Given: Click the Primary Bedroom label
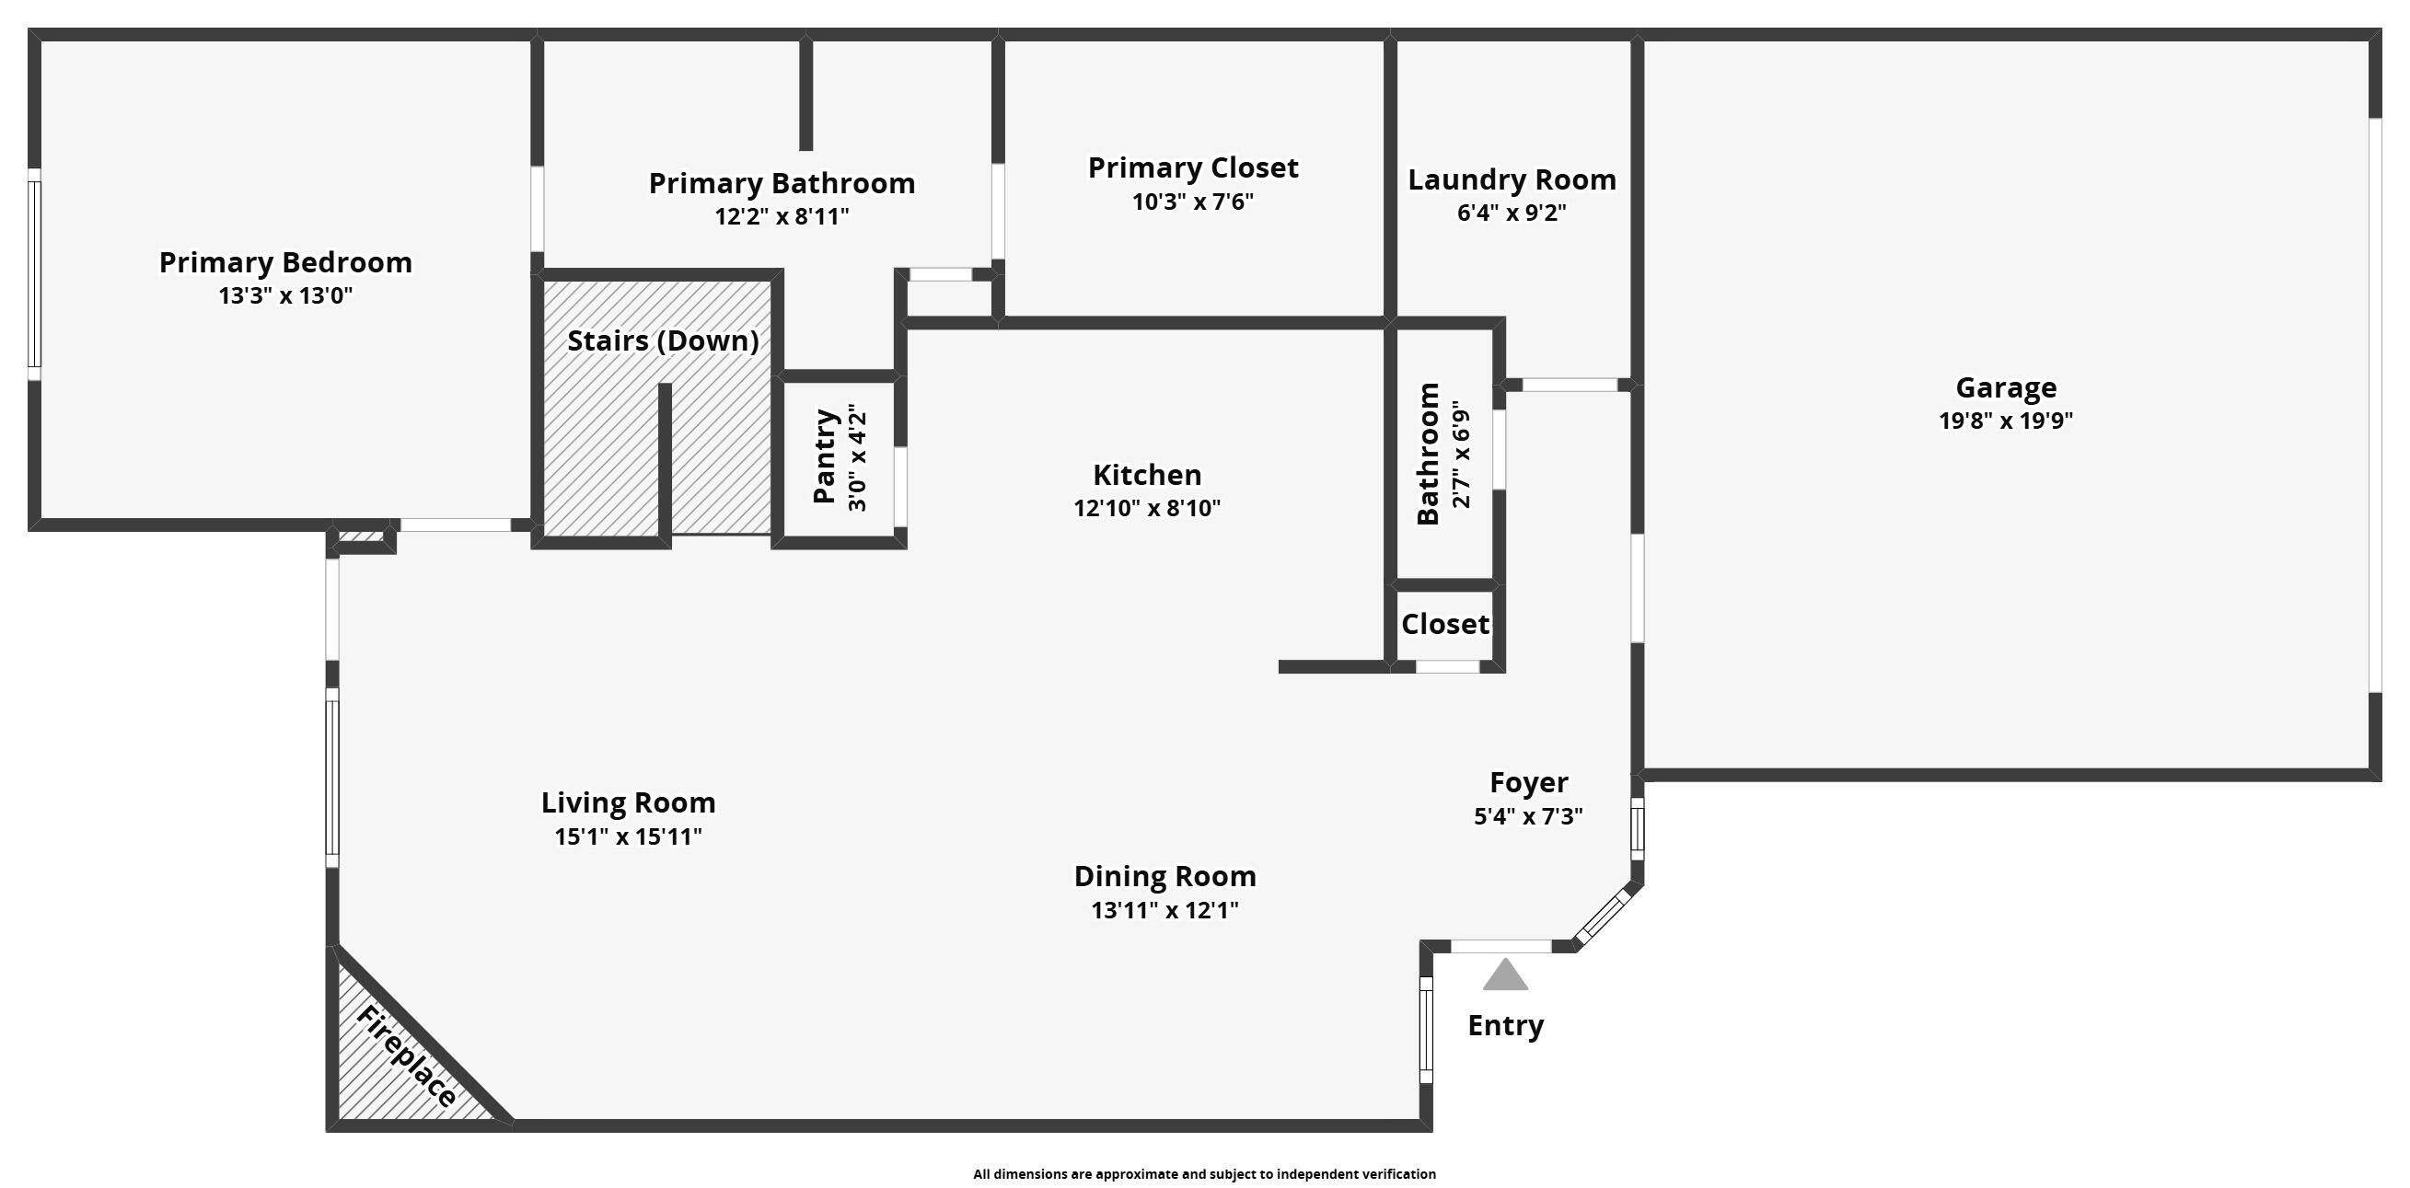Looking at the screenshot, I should click(x=285, y=263).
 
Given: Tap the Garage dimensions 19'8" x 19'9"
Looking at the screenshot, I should click(x=2005, y=421).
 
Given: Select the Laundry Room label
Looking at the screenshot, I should click(x=1512, y=179).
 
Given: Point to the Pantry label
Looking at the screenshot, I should click(x=824, y=456).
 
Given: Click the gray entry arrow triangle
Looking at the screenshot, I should click(x=1504, y=976).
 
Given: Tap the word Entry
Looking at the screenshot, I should click(x=1504, y=1025).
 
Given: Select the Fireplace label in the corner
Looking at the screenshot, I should click(x=407, y=1057).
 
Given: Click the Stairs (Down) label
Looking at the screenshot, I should click(x=663, y=340).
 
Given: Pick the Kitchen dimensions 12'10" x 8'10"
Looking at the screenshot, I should click(x=1146, y=508).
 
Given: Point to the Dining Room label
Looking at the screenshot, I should click(x=1164, y=876).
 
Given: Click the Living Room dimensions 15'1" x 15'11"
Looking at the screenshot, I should click(x=628, y=836).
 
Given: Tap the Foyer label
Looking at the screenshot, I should click(x=1528, y=782).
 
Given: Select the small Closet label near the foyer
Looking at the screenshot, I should click(x=1444, y=624).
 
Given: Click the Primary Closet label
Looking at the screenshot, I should click(x=1193, y=168).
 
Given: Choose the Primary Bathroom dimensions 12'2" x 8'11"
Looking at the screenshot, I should click(x=782, y=217).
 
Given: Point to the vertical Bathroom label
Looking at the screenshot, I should click(x=1428, y=454).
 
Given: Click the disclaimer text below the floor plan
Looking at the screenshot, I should click(x=1204, y=1174).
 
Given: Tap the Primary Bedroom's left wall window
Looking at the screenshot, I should click(x=35, y=273).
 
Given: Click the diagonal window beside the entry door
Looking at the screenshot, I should click(x=1604, y=917).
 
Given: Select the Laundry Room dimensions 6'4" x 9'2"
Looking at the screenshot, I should click(x=1511, y=213).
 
